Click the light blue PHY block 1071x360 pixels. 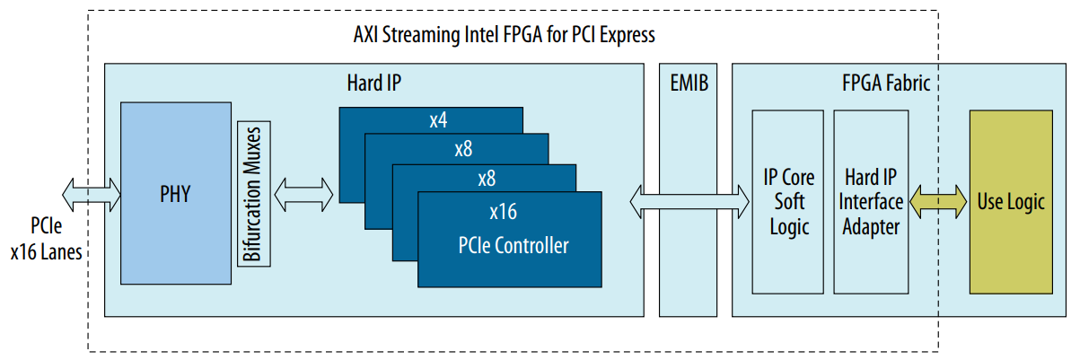coord(176,193)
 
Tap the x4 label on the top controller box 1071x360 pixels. coord(438,120)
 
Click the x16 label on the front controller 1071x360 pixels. coord(503,212)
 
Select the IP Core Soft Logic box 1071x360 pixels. coord(787,201)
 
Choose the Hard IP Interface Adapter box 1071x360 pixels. coord(868,201)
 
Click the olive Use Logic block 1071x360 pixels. coord(1010,201)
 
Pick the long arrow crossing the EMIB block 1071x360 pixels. coord(689,199)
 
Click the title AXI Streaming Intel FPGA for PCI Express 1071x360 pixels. coord(504,36)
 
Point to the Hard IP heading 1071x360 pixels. coord(373,83)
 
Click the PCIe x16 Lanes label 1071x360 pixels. coord(46,238)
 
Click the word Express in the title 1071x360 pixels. coord(626,36)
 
